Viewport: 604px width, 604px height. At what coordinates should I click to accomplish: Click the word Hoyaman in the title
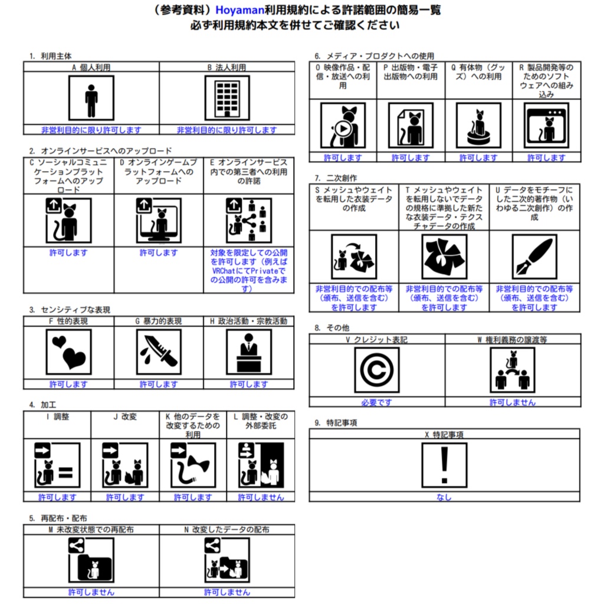click(239, 10)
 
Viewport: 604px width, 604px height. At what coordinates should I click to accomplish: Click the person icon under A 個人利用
click(91, 99)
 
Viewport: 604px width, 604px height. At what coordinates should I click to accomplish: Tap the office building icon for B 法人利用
click(227, 99)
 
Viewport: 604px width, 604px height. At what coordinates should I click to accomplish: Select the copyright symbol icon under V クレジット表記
click(377, 370)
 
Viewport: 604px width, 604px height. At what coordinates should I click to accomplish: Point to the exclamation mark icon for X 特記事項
click(444, 465)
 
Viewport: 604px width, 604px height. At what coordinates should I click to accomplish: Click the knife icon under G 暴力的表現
click(159, 352)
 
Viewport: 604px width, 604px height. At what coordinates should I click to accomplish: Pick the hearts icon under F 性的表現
click(68, 352)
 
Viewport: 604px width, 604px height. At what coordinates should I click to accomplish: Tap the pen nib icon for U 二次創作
click(534, 257)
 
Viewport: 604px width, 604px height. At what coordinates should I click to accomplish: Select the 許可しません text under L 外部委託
click(261, 497)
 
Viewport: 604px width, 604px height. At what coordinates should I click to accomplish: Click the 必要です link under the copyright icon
click(377, 402)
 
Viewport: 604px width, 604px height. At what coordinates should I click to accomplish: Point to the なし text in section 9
click(444, 497)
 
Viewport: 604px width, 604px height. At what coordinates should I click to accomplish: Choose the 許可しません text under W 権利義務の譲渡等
click(513, 402)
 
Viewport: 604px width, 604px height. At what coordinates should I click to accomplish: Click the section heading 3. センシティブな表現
click(70, 310)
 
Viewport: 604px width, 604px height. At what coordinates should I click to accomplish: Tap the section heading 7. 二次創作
click(336, 178)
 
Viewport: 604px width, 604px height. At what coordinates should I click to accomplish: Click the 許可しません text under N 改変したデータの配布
click(227, 592)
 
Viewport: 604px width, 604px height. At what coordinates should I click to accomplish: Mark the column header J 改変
click(125, 416)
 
